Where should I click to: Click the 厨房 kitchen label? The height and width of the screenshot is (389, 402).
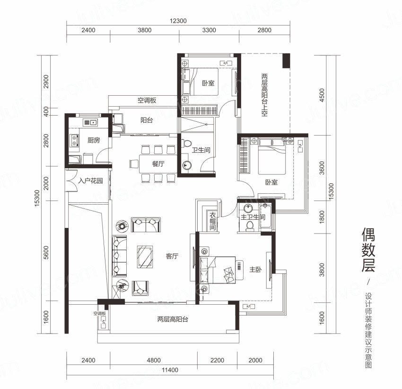[x=94, y=140]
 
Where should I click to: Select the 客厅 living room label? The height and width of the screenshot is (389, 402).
[x=172, y=256]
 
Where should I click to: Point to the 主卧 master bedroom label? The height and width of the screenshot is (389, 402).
[x=255, y=269]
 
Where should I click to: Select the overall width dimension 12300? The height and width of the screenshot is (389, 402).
[x=178, y=20]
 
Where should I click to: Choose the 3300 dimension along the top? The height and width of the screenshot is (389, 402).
[x=209, y=30]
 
